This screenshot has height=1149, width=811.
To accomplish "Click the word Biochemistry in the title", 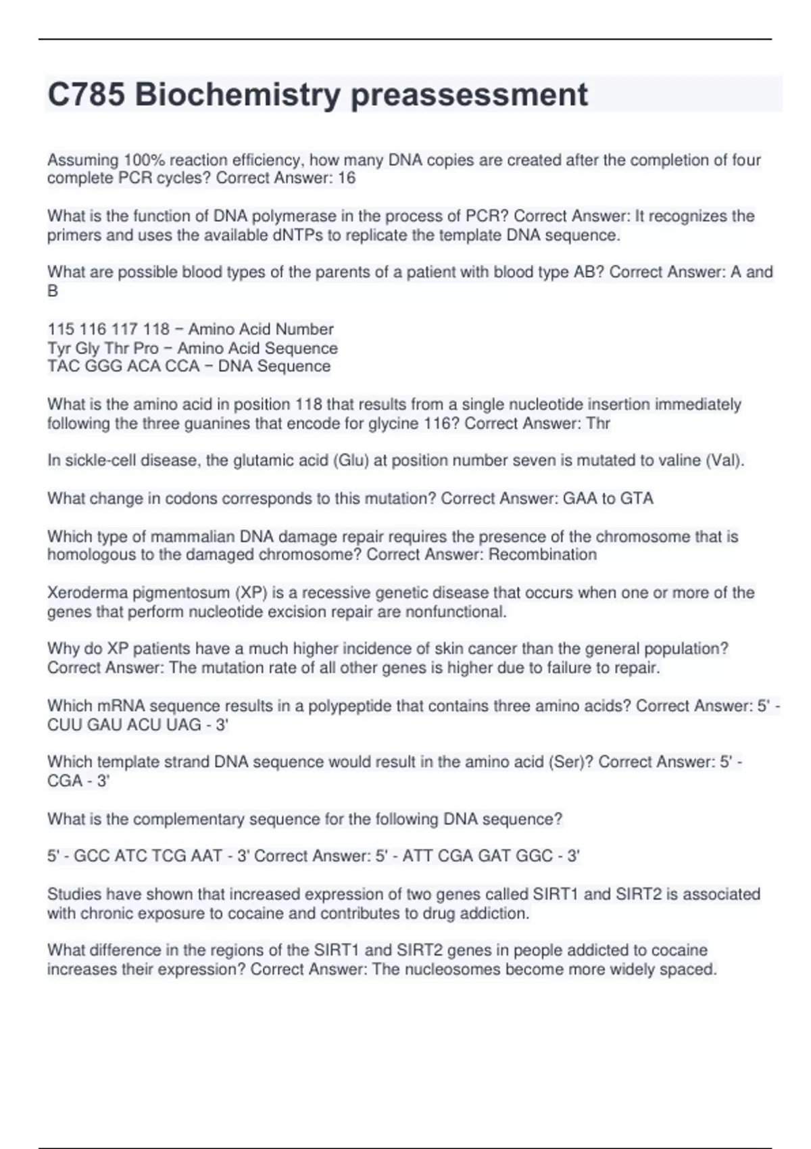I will tap(237, 95).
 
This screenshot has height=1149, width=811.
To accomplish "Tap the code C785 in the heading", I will tap(86, 95).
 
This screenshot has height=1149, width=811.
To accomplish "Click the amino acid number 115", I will tap(60, 329).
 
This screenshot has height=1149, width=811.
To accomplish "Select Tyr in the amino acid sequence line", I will tap(59, 348).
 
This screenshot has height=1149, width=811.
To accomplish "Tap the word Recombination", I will tap(543, 555).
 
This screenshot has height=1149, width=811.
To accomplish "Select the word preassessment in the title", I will tap(469, 95).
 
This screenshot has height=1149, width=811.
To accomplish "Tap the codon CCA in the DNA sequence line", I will tap(182, 366).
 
